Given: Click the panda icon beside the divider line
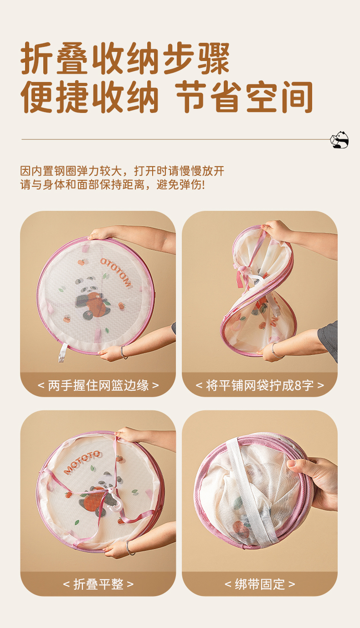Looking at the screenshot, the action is [x=339, y=140].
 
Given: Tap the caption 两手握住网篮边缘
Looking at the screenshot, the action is [x=98, y=385].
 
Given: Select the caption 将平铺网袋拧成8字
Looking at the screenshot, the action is [x=260, y=385].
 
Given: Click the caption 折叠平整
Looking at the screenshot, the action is [x=98, y=584].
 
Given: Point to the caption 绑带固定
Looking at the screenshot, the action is [x=260, y=584].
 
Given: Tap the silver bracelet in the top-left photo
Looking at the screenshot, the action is [x=124, y=352].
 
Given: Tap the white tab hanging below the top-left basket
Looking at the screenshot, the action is [x=62, y=352].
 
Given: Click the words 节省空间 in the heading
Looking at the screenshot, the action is [x=244, y=97].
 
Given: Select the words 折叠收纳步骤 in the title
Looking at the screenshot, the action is [x=125, y=58].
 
